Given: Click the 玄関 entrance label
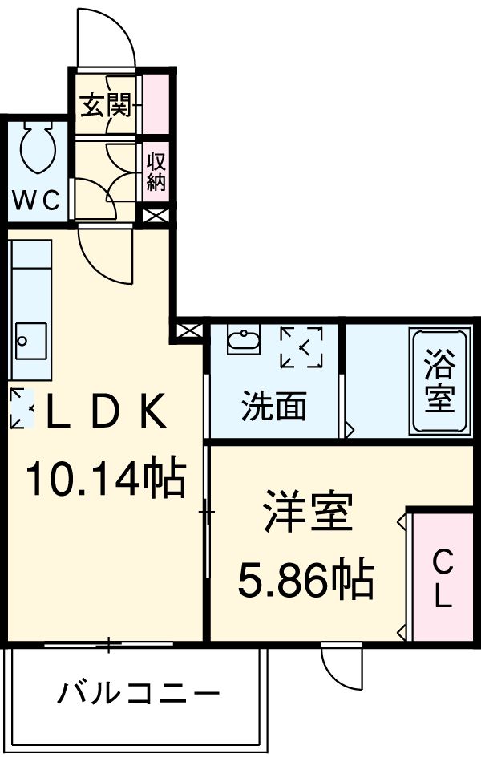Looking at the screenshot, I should (x=104, y=105).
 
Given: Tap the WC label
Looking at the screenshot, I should (x=37, y=201).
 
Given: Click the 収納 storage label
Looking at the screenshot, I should (x=156, y=172).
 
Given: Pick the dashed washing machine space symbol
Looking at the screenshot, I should (x=301, y=347).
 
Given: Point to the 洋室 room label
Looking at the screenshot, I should (x=308, y=514).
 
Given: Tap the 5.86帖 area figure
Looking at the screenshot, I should (x=306, y=579).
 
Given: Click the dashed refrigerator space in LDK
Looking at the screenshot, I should (x=22, y=407).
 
